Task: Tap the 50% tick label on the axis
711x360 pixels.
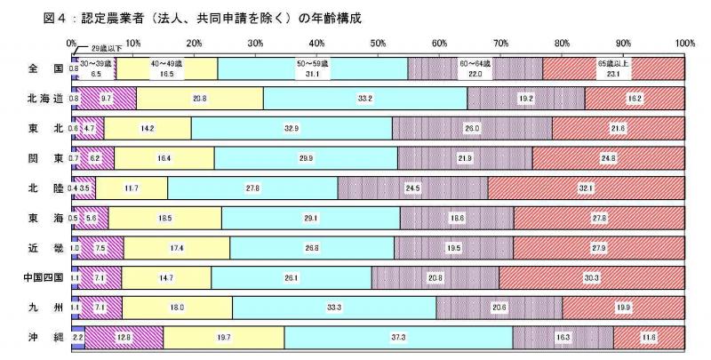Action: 378,42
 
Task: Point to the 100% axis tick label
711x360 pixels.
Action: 684,42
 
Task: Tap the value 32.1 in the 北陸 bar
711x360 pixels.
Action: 587,188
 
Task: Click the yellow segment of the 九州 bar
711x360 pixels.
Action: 177,308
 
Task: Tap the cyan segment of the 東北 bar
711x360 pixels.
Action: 292,129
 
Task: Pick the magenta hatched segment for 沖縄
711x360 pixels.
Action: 124,339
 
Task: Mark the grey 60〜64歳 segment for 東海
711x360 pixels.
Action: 457,219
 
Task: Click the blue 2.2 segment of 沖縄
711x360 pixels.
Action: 77,339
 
